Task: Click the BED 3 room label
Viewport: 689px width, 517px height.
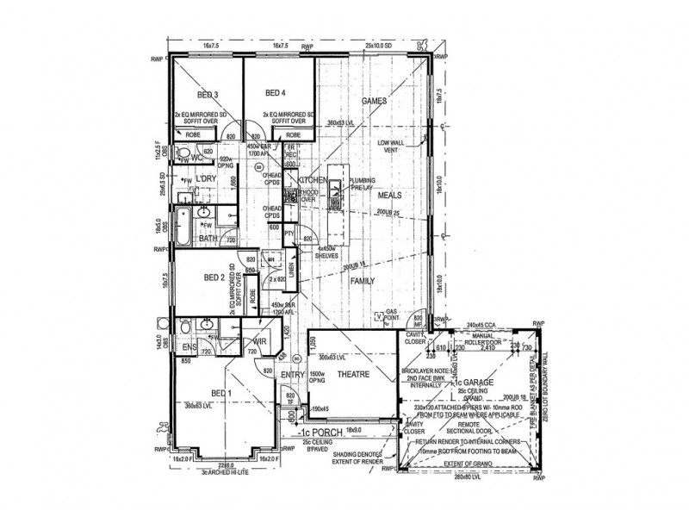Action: tap(208, 93)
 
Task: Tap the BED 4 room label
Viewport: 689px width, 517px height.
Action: tap(275, 93)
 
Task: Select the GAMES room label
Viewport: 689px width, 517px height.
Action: tap(373, 101)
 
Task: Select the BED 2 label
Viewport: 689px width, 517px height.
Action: tap(214, 277)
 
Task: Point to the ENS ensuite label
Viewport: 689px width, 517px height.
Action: tap(189, 346)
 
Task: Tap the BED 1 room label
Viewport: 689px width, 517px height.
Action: tap(222, 393)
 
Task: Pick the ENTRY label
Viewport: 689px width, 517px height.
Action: tap(294, 375)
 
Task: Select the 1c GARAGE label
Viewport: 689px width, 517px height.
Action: tap(471, 382)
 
